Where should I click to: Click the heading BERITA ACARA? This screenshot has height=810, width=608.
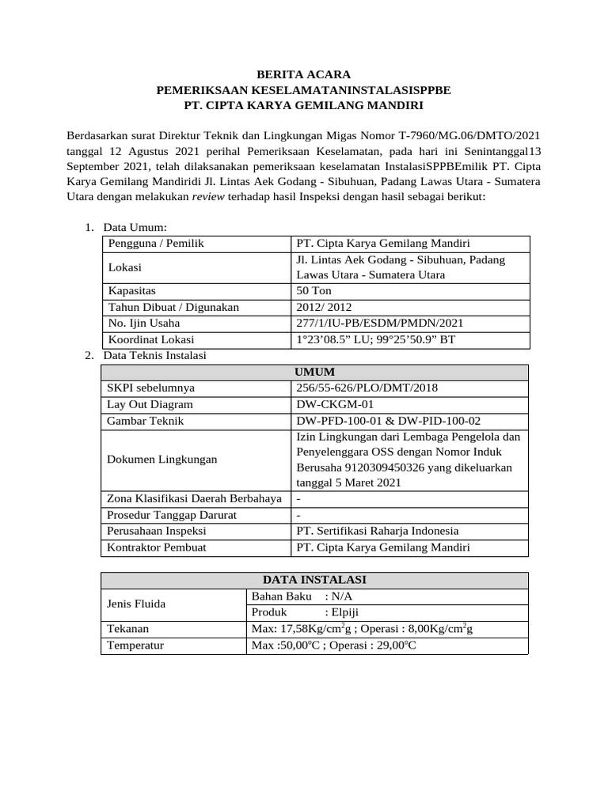303,74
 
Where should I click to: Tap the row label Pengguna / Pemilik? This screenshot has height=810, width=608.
156,243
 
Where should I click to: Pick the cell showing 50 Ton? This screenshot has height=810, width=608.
314,290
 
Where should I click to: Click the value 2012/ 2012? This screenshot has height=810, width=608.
325,306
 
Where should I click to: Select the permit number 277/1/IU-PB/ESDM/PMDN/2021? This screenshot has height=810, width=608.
379,323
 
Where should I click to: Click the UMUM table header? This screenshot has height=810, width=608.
314,372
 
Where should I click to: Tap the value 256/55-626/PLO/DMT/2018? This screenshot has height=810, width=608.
366,388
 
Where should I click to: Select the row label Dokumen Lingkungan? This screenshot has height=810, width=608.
162,459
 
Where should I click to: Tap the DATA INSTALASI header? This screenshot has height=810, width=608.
314,580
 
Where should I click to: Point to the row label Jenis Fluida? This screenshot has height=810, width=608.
136,604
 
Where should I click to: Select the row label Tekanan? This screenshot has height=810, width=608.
128,629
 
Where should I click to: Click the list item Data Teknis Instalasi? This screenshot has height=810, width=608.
154,356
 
